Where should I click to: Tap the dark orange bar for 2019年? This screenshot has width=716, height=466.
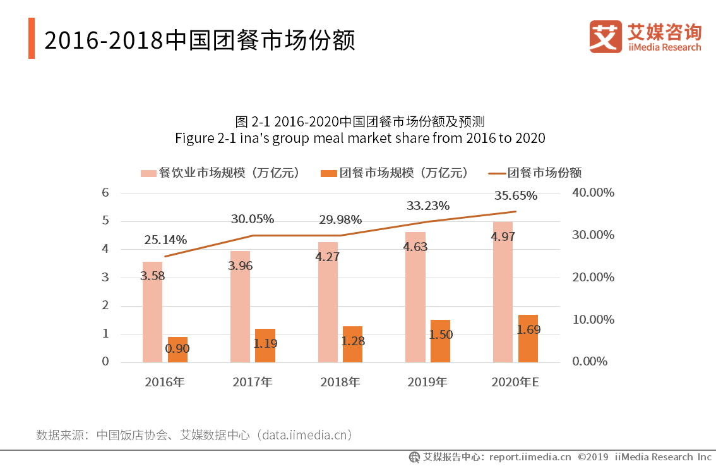click(440, 341)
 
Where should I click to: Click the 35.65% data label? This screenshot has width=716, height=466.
click(516, 195)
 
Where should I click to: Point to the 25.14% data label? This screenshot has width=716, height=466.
click(165, 240)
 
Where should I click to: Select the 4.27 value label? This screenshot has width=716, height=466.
click(328, 257)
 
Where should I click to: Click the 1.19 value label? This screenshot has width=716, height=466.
click(265, 344)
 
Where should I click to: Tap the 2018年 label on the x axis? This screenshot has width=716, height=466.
click(340, 383)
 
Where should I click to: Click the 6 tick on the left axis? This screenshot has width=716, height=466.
click(105, 193)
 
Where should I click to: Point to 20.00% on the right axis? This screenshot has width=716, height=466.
click(593, 277)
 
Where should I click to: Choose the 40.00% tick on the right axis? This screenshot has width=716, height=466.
click(593, 193)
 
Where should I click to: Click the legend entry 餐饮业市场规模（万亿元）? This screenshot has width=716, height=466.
click(220, 173)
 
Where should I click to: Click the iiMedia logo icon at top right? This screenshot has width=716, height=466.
click(605, 37)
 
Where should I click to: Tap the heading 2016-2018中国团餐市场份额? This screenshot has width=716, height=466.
click(200, 40)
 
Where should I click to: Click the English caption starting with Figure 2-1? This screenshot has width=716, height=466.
click(359, 138)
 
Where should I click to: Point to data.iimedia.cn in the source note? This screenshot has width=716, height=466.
click(304, 435)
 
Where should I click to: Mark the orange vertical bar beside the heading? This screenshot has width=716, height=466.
click(32, 39)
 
